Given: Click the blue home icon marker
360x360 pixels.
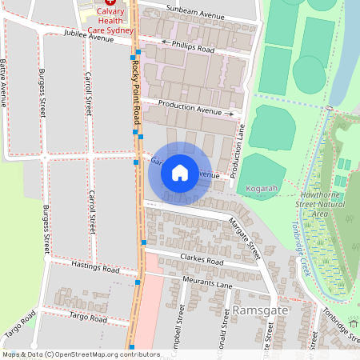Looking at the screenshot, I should [x=180, y=173].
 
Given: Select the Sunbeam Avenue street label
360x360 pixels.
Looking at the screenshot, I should [x=196, y=15].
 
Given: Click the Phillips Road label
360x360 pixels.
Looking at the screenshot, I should [x=189, y=48].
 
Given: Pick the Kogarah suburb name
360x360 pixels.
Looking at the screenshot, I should [x=261, y=189].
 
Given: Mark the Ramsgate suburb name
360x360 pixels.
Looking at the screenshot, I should [x=258, y=309].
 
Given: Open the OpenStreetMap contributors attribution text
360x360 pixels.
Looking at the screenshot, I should [x=80, y=354].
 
